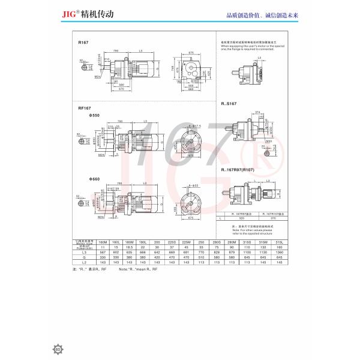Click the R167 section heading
pos(83,44)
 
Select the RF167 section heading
pos(85,108)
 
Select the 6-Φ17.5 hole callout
pos(195,125)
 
